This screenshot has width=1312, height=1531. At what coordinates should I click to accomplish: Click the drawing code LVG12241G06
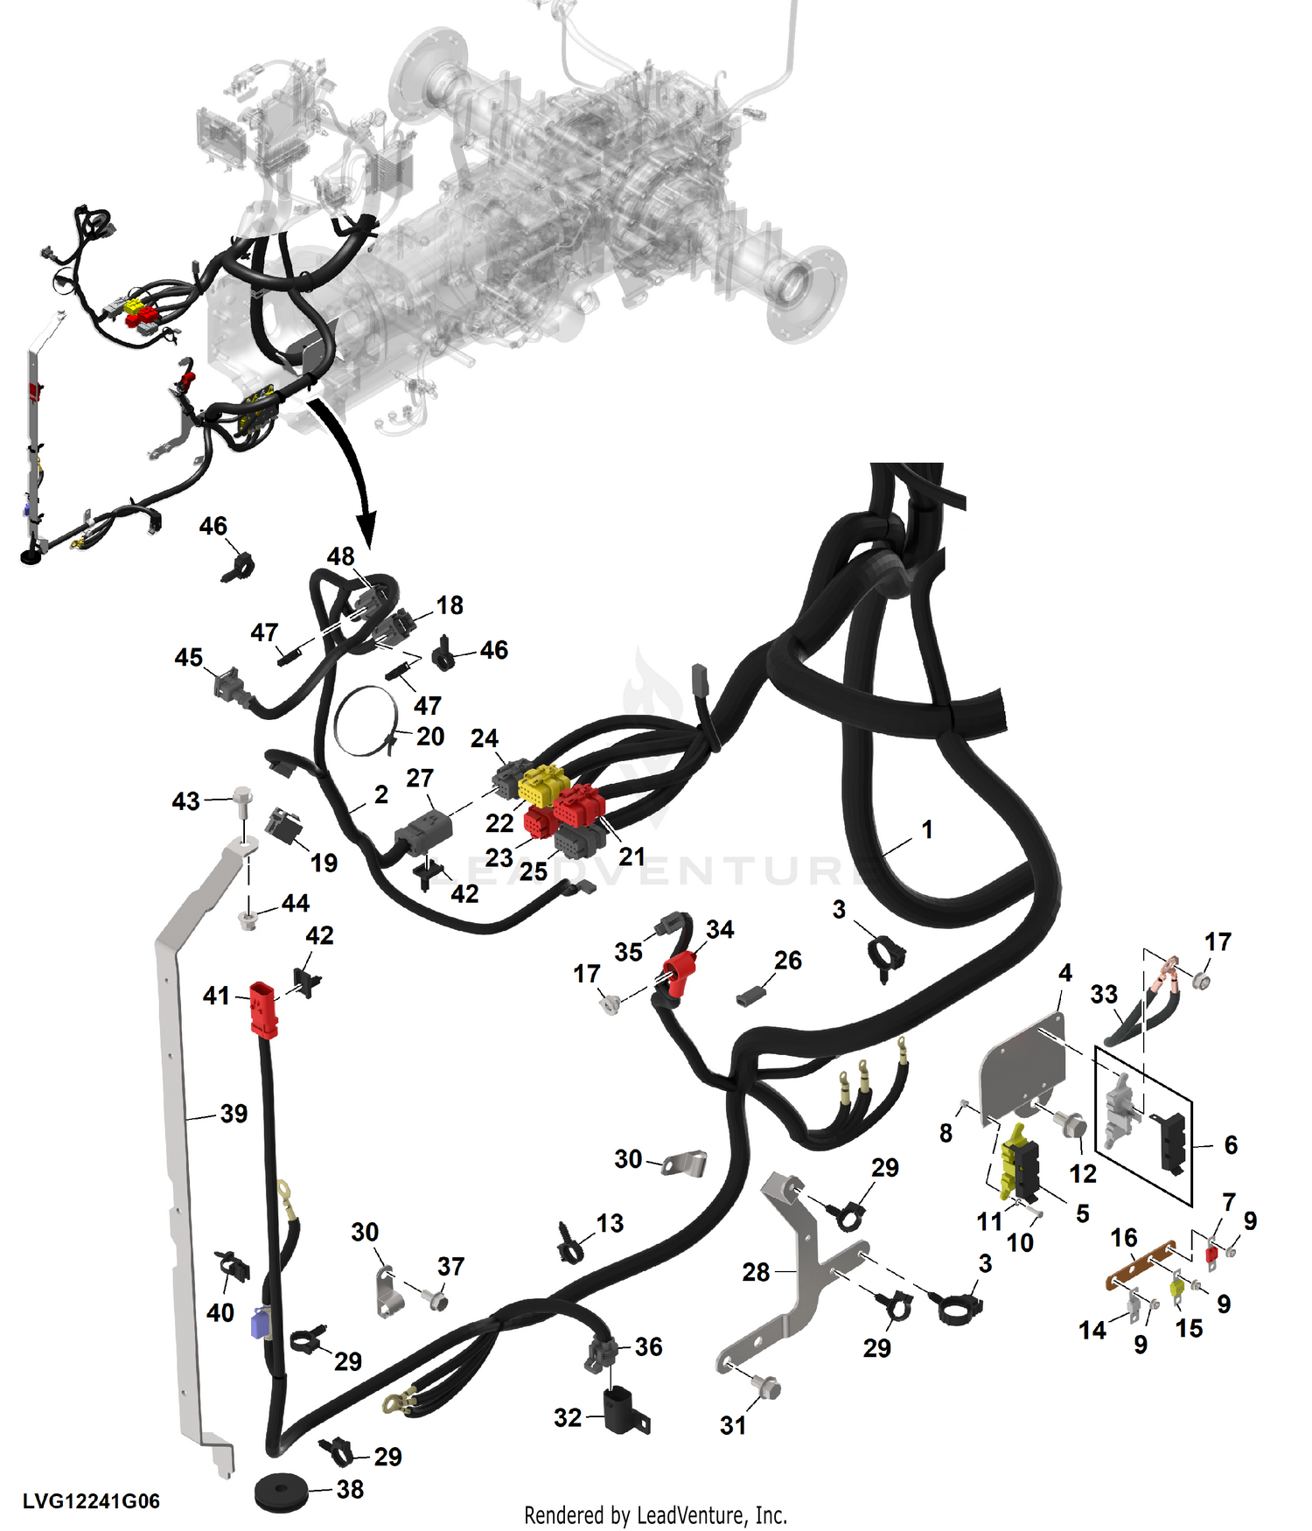click(x=91, y=1501)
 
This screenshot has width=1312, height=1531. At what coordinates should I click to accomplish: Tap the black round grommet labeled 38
click(x=281, y=1491)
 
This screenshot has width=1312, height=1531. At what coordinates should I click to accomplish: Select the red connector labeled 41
click(x=263, y=1010)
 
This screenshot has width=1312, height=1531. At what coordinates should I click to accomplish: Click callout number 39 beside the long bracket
click(x=234, y=1114)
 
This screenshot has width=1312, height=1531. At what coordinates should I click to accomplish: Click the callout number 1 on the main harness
click(x=927, y=828)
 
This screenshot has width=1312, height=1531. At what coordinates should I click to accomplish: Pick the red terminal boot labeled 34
click(x=680, y=973)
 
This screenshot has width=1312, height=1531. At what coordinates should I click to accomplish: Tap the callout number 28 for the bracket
click(x=756, y=1271)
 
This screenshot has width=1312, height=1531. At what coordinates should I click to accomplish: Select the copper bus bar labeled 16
click(x=1141, y=1264)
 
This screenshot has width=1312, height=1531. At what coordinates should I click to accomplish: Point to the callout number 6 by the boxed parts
click(x=1231, y=1144)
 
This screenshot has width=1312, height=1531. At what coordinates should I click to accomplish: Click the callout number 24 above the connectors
click(x=485, y=738)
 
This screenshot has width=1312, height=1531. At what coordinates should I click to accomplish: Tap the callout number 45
click(x=188, y=657)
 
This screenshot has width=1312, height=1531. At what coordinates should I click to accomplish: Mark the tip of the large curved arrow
click(x=367, y=547)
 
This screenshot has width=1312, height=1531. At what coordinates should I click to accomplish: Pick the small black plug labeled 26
click(x=750, y=996)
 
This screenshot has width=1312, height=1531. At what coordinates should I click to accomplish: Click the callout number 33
click(x=1104, y=994)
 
